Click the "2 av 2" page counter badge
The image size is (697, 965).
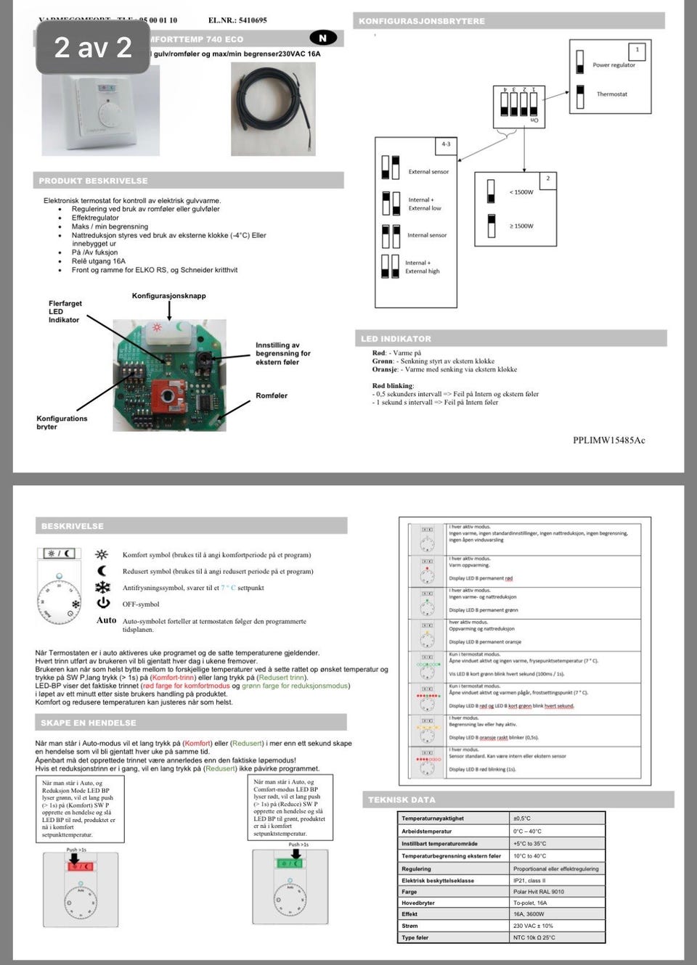pos(93,48)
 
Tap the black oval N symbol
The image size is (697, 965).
pos(322,38)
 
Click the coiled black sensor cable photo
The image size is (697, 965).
pos(273,109)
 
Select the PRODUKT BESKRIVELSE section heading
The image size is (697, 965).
pos(94,181)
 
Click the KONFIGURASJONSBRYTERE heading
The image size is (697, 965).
pos(422,21)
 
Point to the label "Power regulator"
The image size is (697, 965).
pos(614,65)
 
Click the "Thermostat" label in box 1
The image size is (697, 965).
pos(611,94)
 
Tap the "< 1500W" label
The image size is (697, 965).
pos(521,192)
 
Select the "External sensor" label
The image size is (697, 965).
pos(428,172)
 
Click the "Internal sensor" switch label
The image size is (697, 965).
pos(427,235)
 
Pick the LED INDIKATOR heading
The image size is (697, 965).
pos(396,339)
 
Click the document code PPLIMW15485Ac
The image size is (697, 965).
pos(608,440)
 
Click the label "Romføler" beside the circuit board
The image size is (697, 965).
pos(272,395)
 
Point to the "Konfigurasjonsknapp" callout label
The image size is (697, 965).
pos(168,296)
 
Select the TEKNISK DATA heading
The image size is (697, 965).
pos(402,800)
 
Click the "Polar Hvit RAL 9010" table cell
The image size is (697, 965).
pos(539,892)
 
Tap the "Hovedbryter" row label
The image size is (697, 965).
pos(418,903)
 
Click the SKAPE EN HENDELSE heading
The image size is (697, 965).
pos(89,723)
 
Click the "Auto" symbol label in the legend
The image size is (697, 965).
pos(106,620)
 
